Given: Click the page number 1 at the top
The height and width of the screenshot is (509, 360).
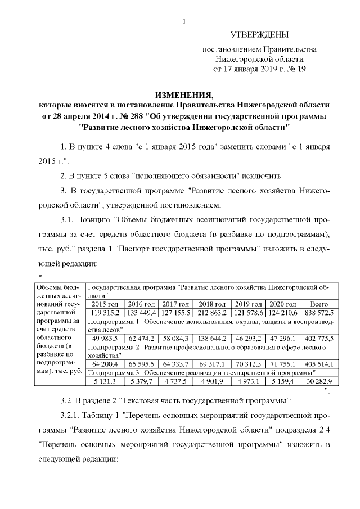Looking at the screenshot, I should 184,22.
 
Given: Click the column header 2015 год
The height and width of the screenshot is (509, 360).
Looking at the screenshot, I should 104,304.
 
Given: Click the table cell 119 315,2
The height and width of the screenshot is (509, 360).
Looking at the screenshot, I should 104,312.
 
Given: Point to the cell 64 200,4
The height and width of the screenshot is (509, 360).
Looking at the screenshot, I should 104,364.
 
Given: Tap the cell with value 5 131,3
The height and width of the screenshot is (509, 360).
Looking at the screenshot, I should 104,381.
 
